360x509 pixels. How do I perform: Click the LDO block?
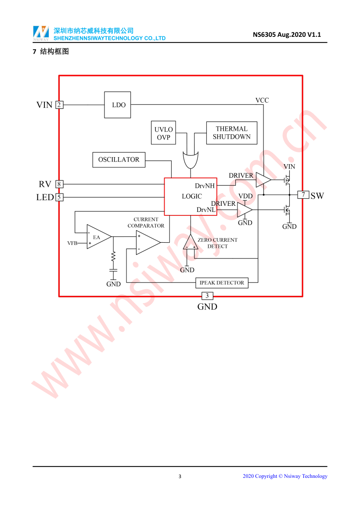[117, 105]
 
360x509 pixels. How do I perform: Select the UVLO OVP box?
[163, 133]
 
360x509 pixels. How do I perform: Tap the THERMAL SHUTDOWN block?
[231, 133]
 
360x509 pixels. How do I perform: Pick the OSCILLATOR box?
[119, 160]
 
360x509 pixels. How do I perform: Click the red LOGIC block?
[191, 196]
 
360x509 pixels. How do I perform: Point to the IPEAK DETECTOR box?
[222, 283]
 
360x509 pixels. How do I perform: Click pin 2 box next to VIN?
[59, 105]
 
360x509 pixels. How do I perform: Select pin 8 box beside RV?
[59, 184]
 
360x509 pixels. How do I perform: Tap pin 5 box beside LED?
[59, 197]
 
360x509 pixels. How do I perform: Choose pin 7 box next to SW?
[303, 195]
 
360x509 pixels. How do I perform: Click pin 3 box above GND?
[207, 296]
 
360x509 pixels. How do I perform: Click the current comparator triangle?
[146, 242]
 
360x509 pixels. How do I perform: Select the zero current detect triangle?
[190, 243]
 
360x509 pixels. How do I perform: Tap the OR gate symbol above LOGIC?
[191, 159]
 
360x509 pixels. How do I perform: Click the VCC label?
[262, 100]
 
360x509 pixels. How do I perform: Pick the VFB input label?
[72, 243]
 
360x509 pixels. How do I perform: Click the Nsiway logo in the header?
[41, 33]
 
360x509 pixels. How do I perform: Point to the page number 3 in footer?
[180, 477]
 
